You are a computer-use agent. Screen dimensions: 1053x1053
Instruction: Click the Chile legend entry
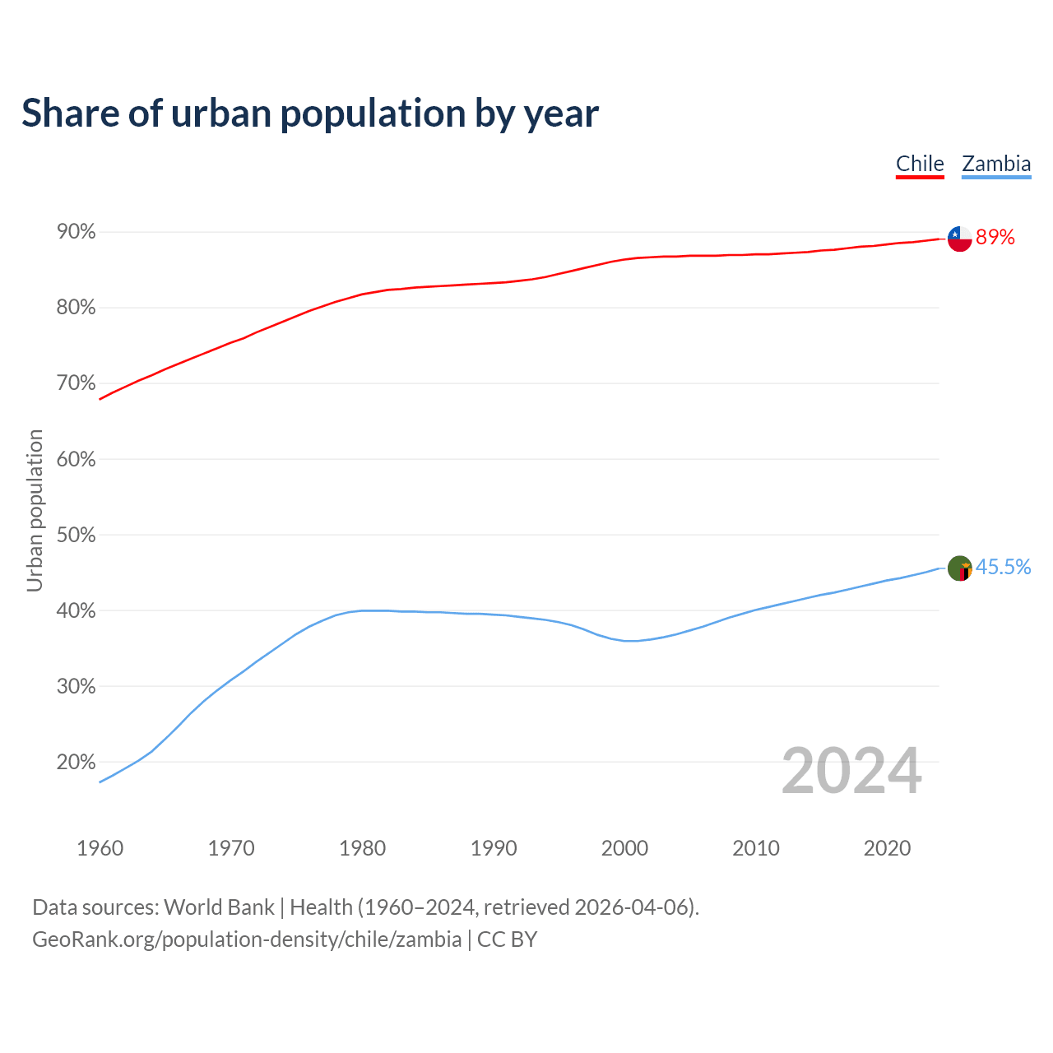(x=920, y=164)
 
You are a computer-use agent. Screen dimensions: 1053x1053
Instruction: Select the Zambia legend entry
(x=996, y=164)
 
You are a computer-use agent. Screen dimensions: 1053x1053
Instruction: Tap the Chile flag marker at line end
(x=960, y=239)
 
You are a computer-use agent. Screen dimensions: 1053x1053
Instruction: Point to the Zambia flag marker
(x=960, y=568)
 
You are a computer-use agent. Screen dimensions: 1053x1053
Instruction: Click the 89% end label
(x=995, y=238)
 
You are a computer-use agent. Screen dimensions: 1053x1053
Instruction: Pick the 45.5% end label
(x=1003, y=567)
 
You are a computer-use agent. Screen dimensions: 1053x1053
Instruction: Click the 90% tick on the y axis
(x=77, y=232)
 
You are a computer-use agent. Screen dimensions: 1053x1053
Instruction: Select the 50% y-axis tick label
(x=77, y=536)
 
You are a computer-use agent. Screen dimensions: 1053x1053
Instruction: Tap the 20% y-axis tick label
(x=77, y=763)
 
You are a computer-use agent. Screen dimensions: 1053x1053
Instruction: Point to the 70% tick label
(x=77, y=383)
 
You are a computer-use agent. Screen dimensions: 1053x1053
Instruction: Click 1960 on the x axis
(x=100, y=848)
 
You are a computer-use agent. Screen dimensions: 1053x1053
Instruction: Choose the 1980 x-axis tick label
(x=362, y=848)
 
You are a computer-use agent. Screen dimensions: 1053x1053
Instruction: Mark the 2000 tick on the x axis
(x=624, y=848)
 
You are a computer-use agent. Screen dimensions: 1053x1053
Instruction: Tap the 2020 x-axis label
(x=887, y=848)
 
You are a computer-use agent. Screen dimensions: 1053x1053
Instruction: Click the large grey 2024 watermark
(x=851, y=771)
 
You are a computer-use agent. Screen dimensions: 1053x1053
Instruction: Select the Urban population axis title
(x=35, y=510)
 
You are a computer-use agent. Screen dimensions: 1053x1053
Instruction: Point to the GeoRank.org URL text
(x=247, y=939)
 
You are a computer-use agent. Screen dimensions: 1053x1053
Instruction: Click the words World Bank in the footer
(x=219, y=907)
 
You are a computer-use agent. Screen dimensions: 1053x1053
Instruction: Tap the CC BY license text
(x=507, y=939)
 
